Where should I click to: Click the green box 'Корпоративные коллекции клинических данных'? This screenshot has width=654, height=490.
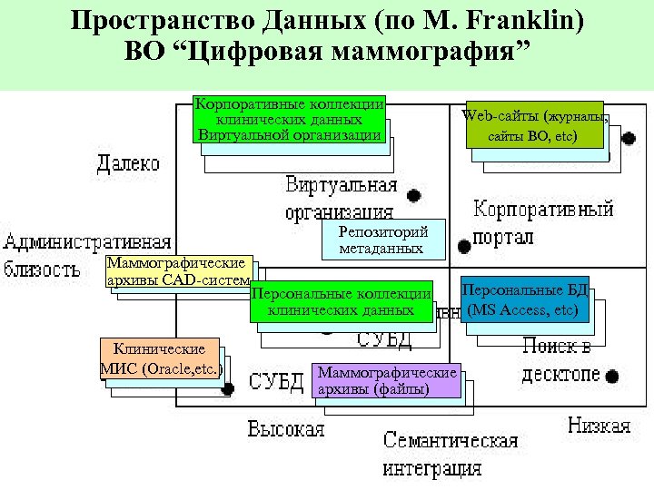click(289, 119)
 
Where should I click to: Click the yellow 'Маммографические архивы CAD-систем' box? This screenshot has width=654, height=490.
click(177, 271)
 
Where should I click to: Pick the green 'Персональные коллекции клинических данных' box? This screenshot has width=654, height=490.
click(340, 302)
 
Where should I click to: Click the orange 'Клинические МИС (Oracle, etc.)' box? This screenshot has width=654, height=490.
click(159, 359)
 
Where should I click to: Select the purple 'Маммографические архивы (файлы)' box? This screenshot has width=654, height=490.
click(386, 381)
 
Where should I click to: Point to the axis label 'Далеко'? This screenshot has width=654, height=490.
click(128, 164)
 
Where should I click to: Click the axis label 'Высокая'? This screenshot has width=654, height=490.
click(285, 428)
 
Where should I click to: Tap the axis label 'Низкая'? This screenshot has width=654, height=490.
click(599, 426)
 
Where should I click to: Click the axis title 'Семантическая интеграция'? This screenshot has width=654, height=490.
click(450, 455)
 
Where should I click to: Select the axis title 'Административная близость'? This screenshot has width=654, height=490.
click(86, 255)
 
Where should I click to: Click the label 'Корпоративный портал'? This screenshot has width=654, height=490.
click(543, 222)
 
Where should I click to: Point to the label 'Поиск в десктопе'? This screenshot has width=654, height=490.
click(560, 360)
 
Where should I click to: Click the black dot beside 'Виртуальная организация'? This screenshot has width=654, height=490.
click(413, 194)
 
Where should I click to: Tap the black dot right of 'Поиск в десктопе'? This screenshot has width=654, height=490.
click(613, 376)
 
